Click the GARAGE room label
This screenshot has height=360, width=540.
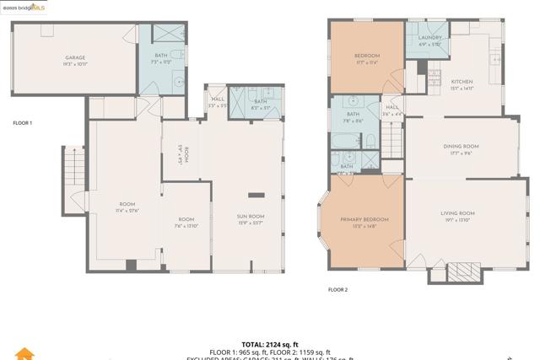(x=74, y=58)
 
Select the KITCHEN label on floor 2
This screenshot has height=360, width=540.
(x=461, y=82)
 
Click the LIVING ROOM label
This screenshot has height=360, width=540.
(x=457, y=213)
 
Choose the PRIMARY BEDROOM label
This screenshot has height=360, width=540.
(x=364, y=219)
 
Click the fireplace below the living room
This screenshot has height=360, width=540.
(x=462, y=271)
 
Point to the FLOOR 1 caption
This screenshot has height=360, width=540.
(x=22, y=123)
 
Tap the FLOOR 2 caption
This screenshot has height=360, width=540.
(x=337, y=289)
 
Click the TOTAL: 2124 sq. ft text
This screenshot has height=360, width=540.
(x=270, y=345)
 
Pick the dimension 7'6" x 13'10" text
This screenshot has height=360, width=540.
(x=185, y=225)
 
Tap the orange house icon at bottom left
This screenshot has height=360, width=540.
(x=25, y=354)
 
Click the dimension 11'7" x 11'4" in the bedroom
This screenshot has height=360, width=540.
(x=366, y=62)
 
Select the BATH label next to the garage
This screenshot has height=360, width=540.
(x=160, y=56)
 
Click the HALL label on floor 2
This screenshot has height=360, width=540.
(x=391, y=107)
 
